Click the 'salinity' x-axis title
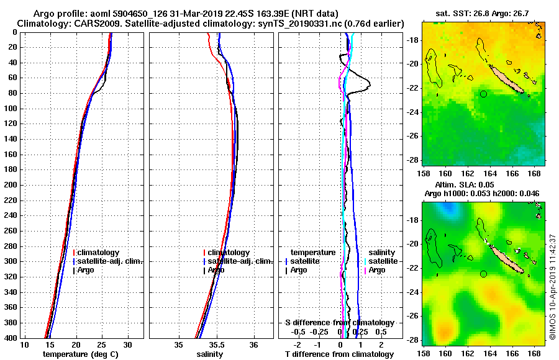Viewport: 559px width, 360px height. coord(210,354)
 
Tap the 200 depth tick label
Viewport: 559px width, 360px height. coord(12,185)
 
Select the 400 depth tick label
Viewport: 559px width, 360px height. coord(12,338)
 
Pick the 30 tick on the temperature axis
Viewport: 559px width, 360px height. coord(127,344)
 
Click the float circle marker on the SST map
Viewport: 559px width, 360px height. coord(484,94)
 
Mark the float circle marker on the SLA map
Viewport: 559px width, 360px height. coord(484,274)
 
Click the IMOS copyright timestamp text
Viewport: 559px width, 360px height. coord(553,286)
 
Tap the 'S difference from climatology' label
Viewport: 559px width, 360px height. coord(339,323)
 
